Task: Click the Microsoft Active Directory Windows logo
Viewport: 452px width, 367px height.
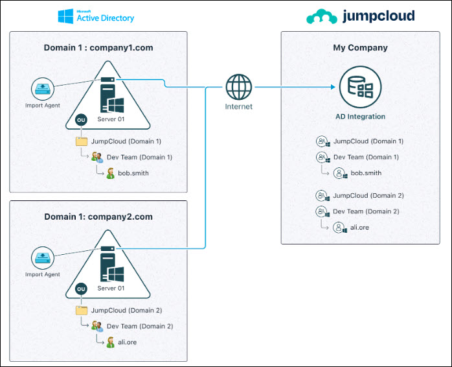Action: coord(65,16)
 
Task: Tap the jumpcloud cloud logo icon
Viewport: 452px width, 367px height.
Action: coord(322,16)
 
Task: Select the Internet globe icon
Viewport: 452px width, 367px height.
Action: coord(239,87)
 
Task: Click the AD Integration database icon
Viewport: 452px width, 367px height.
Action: coord(360,87)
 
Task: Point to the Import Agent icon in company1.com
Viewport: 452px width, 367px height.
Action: coord(43,89)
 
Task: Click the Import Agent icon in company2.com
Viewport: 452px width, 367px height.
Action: coord(43,258)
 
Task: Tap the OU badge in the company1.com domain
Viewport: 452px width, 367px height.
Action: coord(81,120)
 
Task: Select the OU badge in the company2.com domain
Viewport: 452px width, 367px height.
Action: coord(81,289)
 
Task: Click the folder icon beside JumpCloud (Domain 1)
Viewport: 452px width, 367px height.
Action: coord(82,141)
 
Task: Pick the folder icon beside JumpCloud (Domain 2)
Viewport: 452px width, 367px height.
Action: coord(82,311)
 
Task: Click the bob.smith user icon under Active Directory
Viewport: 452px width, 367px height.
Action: coord(110,173)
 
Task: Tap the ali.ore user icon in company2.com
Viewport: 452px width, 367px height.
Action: coord(110,342)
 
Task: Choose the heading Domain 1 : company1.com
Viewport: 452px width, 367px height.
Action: coord(98,47)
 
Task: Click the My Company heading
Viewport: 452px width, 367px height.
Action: coord(360,47)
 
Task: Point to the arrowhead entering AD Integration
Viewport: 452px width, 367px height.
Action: coord(333,87)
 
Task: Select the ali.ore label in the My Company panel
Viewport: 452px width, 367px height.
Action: coord(359,227)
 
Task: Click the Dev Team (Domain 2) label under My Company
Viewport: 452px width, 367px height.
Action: coord(366,211)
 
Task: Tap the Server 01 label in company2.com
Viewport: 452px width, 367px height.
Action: coord(111,288)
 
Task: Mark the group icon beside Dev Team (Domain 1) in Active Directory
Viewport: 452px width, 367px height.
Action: coord(97,158)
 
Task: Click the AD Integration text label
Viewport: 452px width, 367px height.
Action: coord(360,117)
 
